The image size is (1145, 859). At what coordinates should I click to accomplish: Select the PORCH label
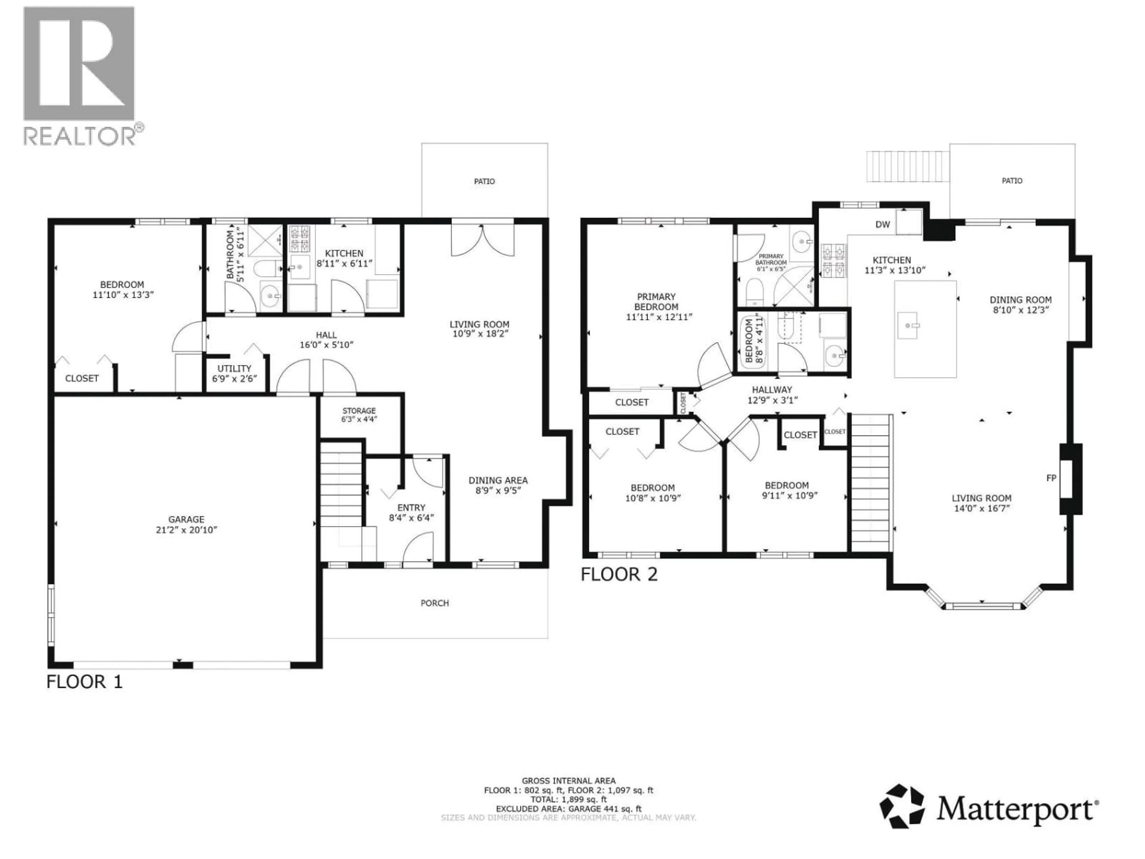[434, 603]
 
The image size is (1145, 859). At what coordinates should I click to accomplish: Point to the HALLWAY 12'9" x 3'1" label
[772, 395]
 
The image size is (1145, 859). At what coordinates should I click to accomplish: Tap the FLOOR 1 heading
[84, 682]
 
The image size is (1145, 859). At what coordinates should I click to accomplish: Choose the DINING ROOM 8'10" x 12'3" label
[1020, 305]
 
